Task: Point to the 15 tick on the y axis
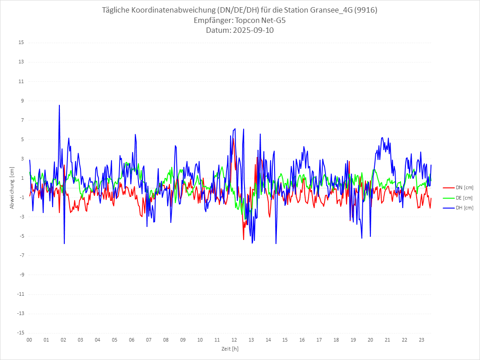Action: [21, 43]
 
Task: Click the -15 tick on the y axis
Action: [20, 333]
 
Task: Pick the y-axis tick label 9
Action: [22, 101]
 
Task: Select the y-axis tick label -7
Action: [21, 255]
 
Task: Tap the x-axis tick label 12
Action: [234, 340]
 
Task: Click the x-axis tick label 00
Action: [29, 340]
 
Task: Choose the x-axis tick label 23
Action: [422, 340]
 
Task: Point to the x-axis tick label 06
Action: [132, 340]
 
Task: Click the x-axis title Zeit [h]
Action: [230, 349]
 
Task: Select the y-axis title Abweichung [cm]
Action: [12, 187]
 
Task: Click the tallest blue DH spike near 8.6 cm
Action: [59, 106]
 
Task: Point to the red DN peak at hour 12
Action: [233, 140]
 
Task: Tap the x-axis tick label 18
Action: [336, 340]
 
